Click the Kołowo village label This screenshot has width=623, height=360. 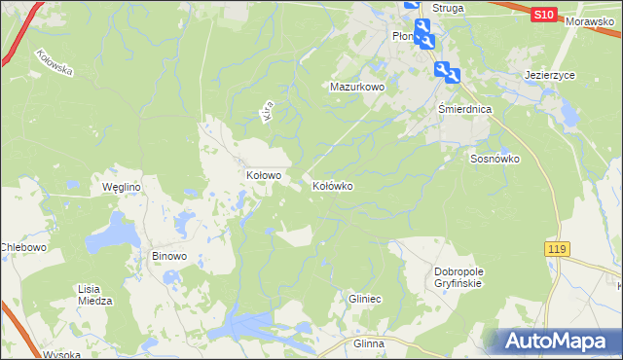pyautogui.click(x=263, y=176)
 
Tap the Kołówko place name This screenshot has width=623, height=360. pyautogui.click(x=332, y=185)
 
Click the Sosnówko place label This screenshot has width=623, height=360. pyautogui.click(x=495, y=159)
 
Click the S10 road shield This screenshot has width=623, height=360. pyautogui.click(x=545, y=15)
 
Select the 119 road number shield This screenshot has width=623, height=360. pyautogui.click(x=556, y=250)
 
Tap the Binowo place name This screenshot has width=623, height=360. pyautogui.click(x=169, y=257)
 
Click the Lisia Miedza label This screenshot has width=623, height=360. pyautogui.click(x=95, y=295)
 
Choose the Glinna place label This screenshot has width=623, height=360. pyautogui.click(x=370, y=344)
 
